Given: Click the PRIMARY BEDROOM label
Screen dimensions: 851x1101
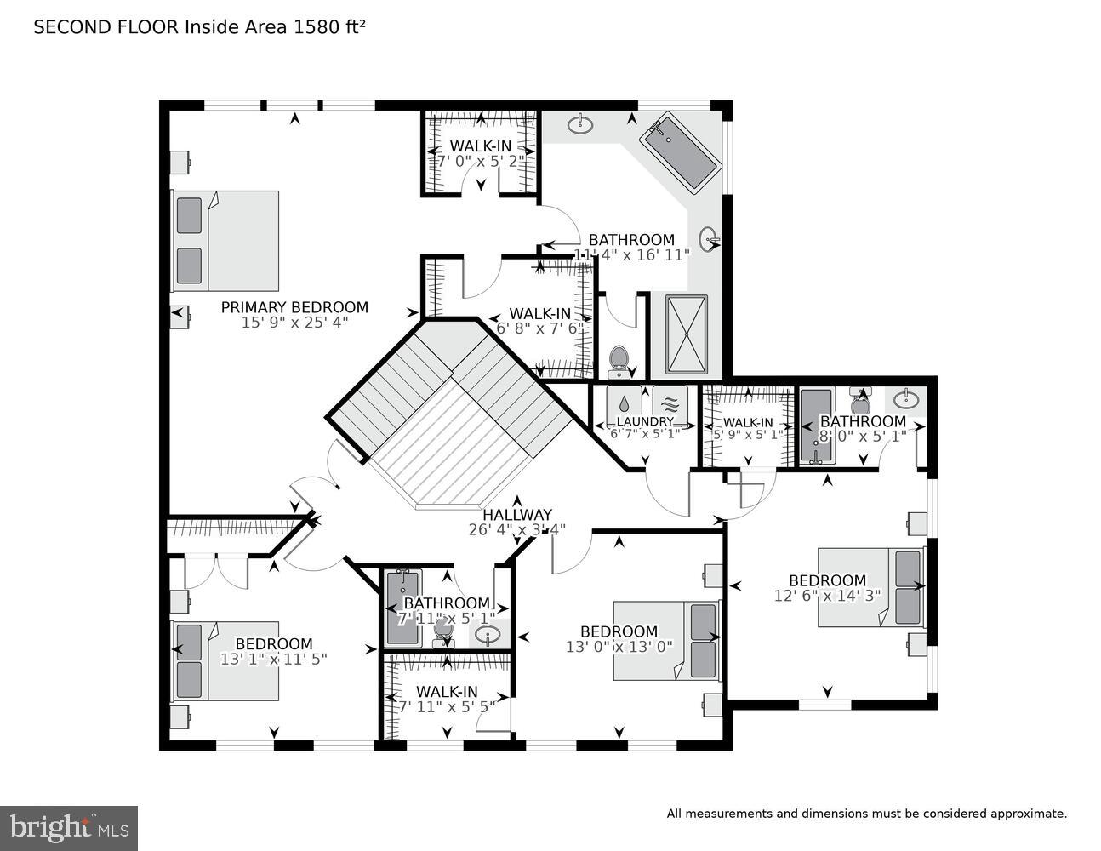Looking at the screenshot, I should coord(294,307).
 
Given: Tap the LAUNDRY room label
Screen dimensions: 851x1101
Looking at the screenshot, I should coord(644,421).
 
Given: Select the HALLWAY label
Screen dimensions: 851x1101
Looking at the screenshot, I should coord(517,515).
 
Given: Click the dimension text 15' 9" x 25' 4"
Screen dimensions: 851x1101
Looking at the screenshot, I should coord(294,323).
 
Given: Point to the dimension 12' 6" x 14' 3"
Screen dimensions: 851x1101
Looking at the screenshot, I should coord(827,596).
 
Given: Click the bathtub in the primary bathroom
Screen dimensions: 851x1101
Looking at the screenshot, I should coord(680,154).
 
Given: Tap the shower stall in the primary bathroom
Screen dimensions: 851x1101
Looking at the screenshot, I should coord(685,334).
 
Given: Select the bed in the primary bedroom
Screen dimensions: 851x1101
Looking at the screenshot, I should coord(225,241).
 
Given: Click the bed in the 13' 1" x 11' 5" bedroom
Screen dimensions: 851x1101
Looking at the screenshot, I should coord(225,660).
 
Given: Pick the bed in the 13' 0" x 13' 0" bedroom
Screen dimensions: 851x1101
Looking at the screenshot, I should coord(668,641).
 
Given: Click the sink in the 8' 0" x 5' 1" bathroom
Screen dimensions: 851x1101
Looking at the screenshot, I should coord(905,399).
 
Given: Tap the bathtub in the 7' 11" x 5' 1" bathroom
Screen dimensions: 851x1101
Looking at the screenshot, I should coord(402,606).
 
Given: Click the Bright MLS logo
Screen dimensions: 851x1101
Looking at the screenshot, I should coord(68,827).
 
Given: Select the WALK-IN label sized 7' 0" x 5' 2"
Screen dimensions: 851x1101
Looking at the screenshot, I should coord(481,146).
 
